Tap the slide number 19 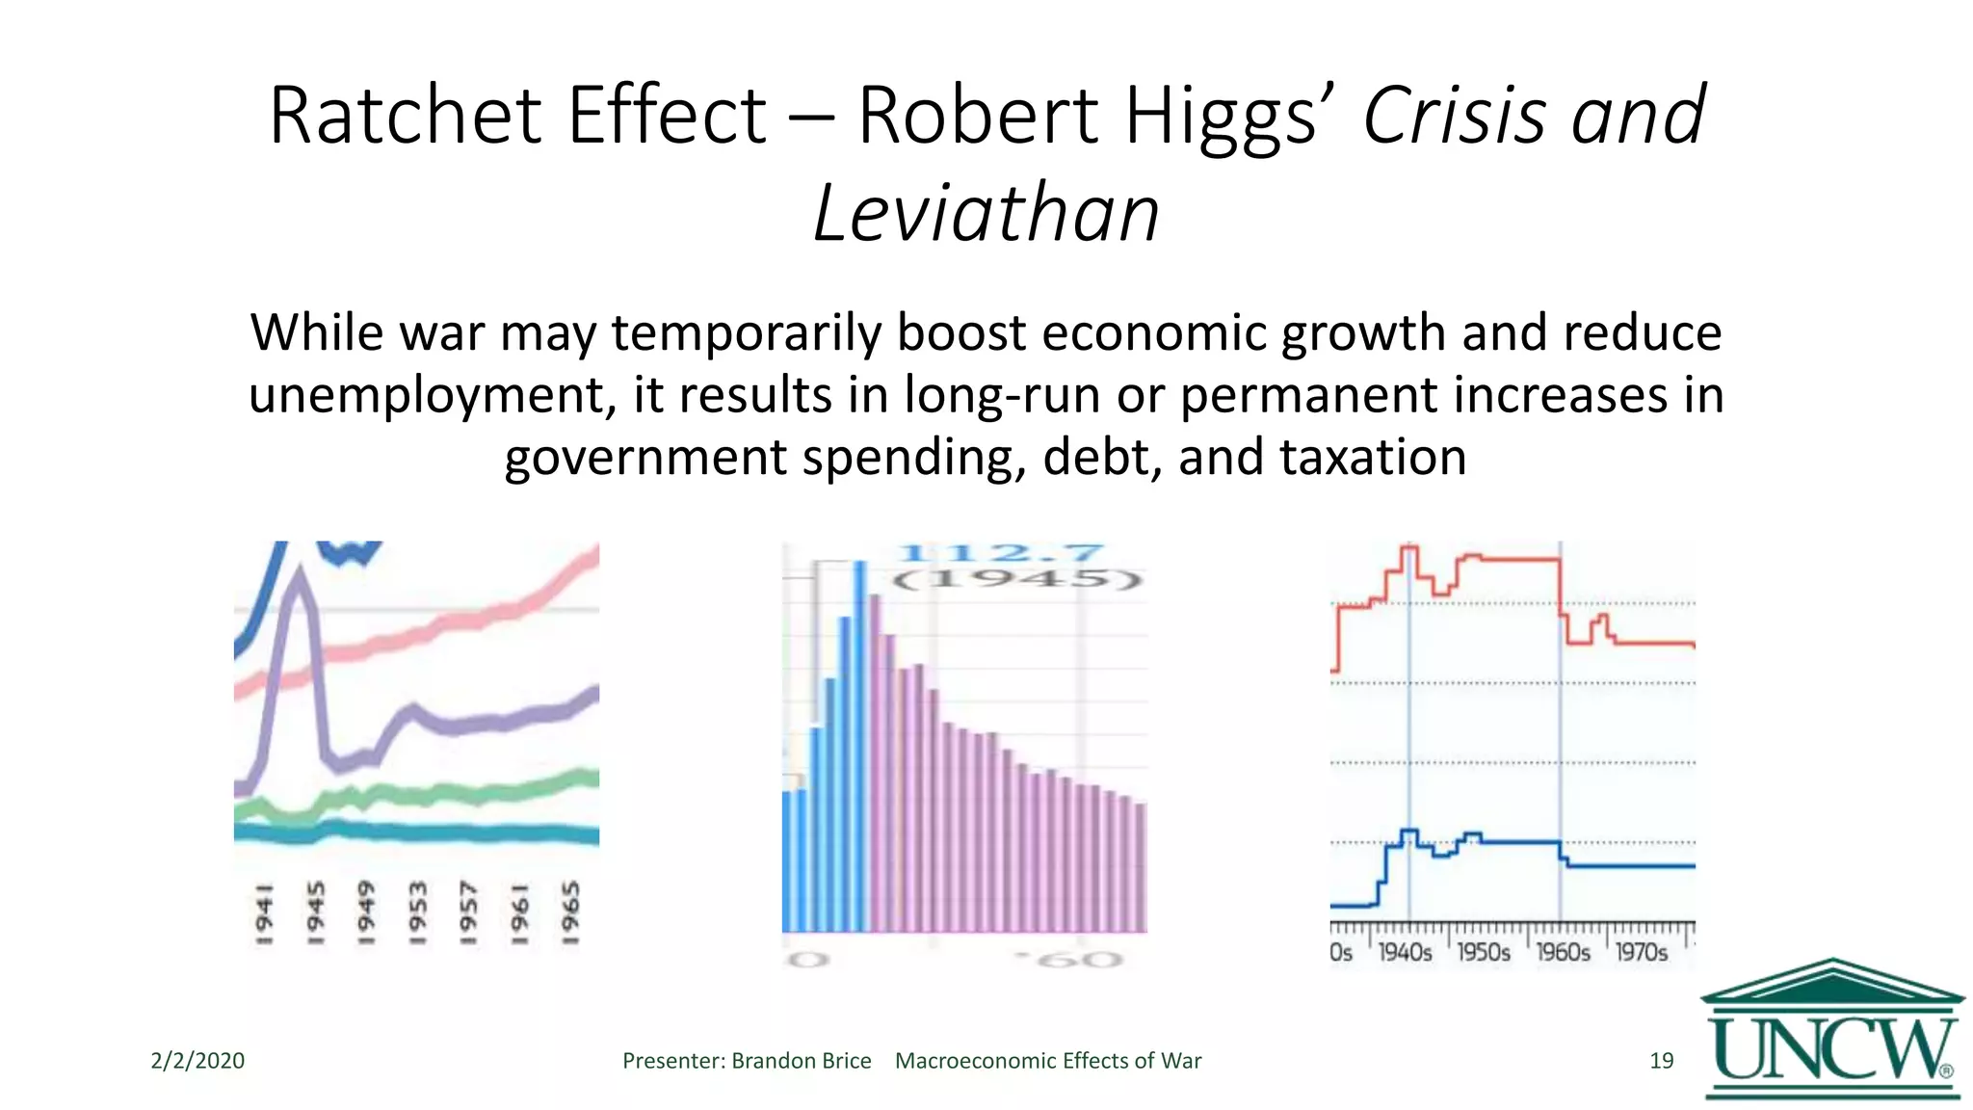[x=1661, y=1061]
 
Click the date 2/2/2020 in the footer [x=197, y=1061]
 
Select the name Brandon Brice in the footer [x=801, y=1061]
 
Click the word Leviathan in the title [x=986, y=214]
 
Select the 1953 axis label [x=417, y=912]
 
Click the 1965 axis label [x=570, y=912]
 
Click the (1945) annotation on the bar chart [x=1015, y=579]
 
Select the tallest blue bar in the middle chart [x=859, y=747]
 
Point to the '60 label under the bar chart [x=1069, y=960]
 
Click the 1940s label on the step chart [x=1405, y=953]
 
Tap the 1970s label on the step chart [x=1641, y=953]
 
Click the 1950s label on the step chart [x=1484, y=953]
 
